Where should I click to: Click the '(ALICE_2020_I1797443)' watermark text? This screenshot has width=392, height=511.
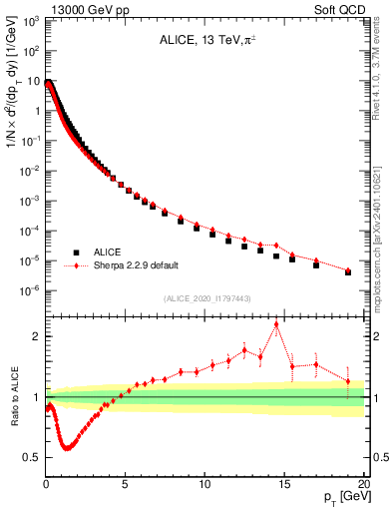click(x=205, y=298)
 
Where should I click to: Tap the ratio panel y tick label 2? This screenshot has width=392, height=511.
click(x=36, y=336)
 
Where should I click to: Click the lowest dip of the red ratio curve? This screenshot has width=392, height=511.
click(x=67, y=448)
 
